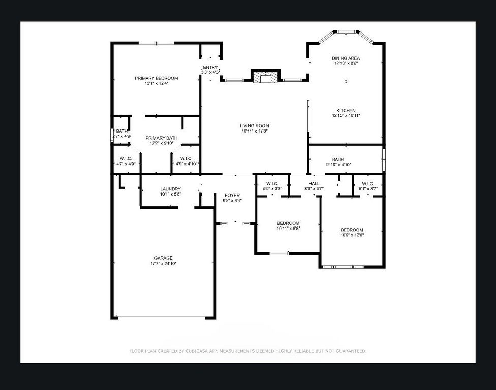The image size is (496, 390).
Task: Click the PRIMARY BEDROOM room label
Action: (x=156, y=78)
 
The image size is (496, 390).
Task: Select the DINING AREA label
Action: (x=346, y=58)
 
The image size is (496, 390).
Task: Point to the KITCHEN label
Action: (x=346, y=110)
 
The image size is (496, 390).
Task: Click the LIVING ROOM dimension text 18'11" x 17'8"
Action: (x=255, y=131)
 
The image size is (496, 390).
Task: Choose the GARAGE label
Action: (x=163, y=257)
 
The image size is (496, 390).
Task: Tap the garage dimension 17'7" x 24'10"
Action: (x=163, y=263)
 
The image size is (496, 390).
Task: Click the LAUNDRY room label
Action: (x=170, y=189)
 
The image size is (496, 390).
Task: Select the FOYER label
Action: (x=232, y=195)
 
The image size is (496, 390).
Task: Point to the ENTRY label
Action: (x=210, y=67)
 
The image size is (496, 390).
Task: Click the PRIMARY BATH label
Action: (x=162, y=138)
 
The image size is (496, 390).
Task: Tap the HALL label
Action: (x=314, y=183)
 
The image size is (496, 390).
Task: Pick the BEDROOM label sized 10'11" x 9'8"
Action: (x=288, y=223)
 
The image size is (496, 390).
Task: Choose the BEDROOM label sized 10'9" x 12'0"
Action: (x=352, y=229)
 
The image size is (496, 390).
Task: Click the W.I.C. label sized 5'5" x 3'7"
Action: (x=271, y=183)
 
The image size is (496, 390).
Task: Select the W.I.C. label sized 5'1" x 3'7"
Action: (x=368, y=183)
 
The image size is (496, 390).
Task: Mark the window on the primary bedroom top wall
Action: (x=156, y=43)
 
